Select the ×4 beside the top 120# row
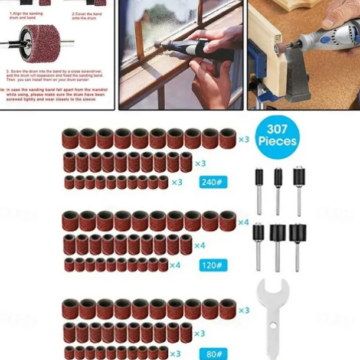(x=244, y=222)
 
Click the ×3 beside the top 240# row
(x=244, y=140)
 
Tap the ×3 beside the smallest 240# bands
(x=176, y=182)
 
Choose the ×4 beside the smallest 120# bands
(x=175, y=265)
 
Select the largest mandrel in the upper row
(x=299, y=189)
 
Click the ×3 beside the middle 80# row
(x=199, y=333)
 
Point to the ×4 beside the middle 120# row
(x=199, y=245)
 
